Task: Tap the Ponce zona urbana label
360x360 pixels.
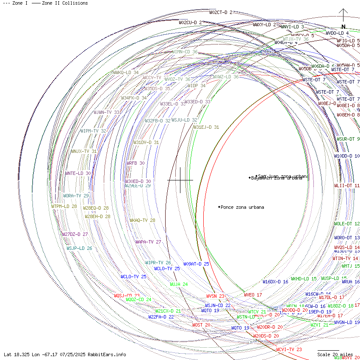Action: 242,207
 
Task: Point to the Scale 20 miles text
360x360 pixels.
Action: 335,354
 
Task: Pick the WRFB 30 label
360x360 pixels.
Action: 136,163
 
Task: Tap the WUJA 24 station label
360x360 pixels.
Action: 179,284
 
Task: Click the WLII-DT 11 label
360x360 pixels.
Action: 346,186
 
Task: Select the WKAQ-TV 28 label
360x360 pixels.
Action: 142,220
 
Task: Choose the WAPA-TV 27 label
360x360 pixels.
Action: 148,242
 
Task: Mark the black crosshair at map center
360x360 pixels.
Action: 180,180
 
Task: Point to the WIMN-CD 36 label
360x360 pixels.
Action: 185,52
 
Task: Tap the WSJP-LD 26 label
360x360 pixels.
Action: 79,248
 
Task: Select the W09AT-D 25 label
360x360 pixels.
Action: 196,264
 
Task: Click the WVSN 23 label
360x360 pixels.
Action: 215,296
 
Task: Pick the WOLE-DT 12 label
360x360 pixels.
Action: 346,224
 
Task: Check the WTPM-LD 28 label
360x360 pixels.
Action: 64,206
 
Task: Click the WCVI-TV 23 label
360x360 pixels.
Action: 289,349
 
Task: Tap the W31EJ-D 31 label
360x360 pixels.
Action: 206,127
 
